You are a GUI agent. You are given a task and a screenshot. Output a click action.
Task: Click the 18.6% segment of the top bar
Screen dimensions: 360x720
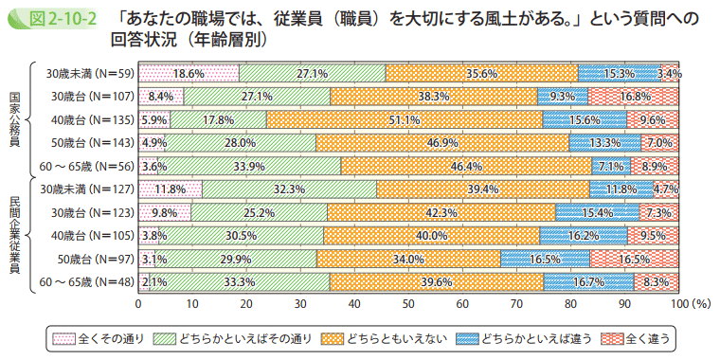(x=189, y=72)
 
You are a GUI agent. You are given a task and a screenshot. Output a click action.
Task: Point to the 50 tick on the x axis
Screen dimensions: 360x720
(x=408, y=303)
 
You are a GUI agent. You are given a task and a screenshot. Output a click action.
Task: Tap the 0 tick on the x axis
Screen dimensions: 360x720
(x=139, y=303)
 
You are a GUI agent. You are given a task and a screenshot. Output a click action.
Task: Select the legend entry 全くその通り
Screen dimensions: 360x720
(x=98, y=337)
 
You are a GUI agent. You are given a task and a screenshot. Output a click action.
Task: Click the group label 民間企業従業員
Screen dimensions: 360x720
(x=14, y=234)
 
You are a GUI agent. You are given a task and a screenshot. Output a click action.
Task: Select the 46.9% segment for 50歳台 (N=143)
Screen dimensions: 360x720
(x=442, y=142)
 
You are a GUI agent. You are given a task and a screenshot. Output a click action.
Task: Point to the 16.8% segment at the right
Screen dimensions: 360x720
(x=634, y=96)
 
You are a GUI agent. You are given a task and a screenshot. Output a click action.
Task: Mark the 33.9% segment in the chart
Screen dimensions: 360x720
(x=249, y=165)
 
